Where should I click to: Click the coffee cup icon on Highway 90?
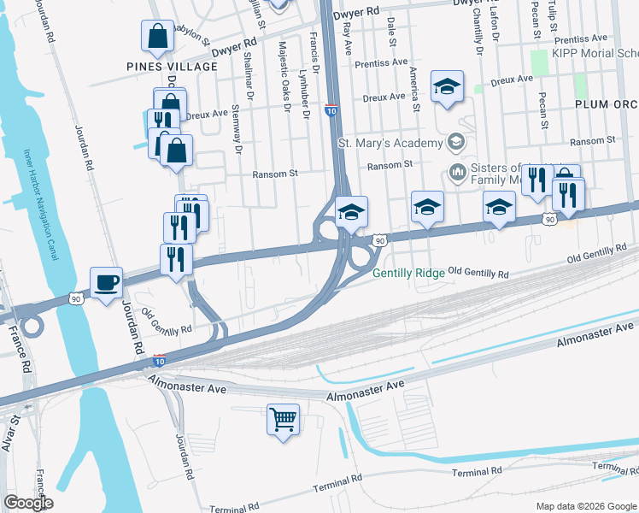[106, 282]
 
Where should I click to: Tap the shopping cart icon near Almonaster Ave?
[284, 420]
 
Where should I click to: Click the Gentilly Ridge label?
[408, 274]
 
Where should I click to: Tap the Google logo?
[28, 503]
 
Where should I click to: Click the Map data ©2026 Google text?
[585, 506]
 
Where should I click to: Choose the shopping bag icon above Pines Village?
[158, 36]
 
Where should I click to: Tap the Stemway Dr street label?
[239, 129]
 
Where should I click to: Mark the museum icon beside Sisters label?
[457, 174]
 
